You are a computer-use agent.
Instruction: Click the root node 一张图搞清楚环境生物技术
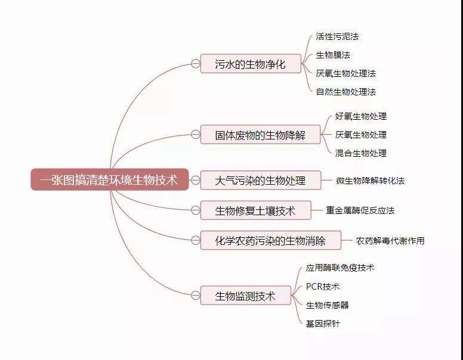click(x=110, y=179)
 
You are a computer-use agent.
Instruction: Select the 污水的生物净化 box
click(x=251, y=63)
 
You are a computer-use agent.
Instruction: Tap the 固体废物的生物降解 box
click(x=260, y=135)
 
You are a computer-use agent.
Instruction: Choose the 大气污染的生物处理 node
click(x=260, y=180)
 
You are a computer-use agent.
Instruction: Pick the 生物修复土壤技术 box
click(x=256, y=210)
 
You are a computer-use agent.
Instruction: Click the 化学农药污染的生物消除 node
click(x=271, y=240)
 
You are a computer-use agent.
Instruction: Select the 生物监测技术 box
click(x=246, y=296)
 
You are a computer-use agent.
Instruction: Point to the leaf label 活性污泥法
click(x=337, y=36)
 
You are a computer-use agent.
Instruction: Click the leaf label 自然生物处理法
click(x=346, y=92)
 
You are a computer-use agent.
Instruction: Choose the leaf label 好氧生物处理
click(x=361, y=116)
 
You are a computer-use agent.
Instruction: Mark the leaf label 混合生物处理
click(x=361, y=153)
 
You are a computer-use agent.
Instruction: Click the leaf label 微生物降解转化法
click(x=371, y=181)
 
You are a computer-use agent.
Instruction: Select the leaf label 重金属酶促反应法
click(x=360, y=210)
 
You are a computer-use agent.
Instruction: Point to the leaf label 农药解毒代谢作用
click(x=390, y=241)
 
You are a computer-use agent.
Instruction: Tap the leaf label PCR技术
click(x=323, y=287)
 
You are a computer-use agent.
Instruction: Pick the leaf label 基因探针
click(x=323, y=324)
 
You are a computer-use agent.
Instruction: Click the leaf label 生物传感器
click(x=328, y=305)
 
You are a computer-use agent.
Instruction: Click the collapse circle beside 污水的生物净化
click(x=196, y=63)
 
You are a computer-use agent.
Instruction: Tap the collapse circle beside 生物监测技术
click(x=196, y=295)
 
